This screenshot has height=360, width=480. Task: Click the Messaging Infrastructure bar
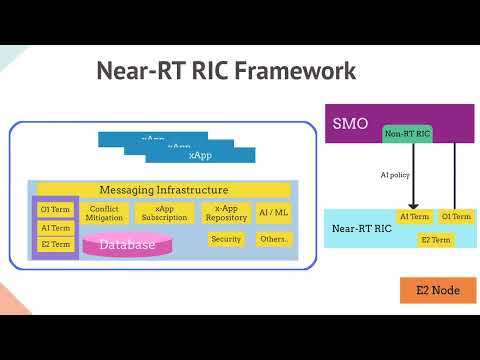click(x=164, y=190)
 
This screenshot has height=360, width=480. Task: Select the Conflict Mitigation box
click(x=104, y=212)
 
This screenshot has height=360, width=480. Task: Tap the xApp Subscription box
click(x=163, y=212)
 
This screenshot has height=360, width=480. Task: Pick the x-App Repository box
click(x=226, y=212)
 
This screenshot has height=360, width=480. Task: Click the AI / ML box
click(x=273, y=212)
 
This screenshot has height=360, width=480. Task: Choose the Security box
click(x=226, y=239)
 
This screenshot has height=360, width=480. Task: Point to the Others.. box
click(x=273, y=239)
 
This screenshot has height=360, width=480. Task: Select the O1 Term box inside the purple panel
click(x=56, y=210)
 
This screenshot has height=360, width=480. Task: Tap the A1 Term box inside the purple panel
click(x=56, y=227)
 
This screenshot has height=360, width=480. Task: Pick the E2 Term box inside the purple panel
click(x=56, y=244)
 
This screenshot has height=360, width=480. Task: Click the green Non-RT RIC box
click(x=407, y=133)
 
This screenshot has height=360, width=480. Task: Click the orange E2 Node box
click(x=437, y=290)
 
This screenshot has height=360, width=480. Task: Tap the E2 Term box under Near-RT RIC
click(x=436, y=240)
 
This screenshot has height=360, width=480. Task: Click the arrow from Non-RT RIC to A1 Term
click(x=411, y=175)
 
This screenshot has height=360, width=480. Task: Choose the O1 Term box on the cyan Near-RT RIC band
click(x=457, y=216)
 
